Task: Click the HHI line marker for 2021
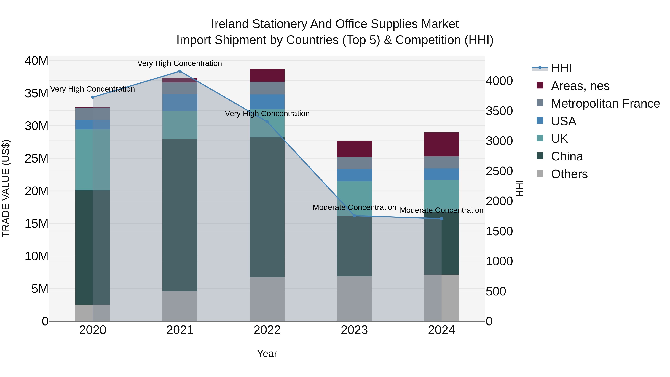point(180,71)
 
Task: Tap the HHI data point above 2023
point(354,216)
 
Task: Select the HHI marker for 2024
point(441,219)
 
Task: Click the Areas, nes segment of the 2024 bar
point(441,144)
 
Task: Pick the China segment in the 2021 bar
point(180,215)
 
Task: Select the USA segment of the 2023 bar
point(354,175)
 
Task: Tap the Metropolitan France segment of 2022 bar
point(267,88)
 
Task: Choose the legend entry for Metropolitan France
point(605,104)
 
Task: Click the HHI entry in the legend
point(561,68)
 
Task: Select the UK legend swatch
point(540,138)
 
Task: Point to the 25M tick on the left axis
point(36,158)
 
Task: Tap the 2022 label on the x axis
point(267,330)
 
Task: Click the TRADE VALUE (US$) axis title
point(6,188)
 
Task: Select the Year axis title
point(267,354)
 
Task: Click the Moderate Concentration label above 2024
point(441,210)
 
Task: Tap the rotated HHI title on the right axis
point(519,188)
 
